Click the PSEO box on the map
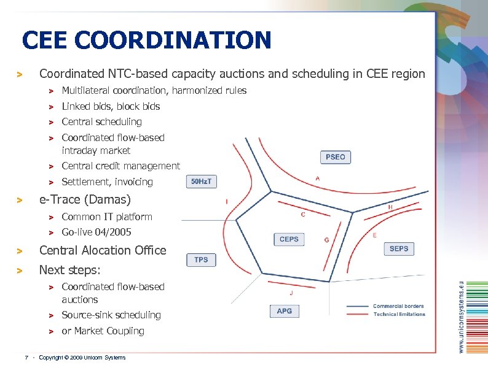click(x=336, y=157)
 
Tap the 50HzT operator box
click(x=201, y=181)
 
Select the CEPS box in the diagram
click(x=289, y=239)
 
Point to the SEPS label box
click(x=399, y=248)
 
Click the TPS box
click(x=201, y=259)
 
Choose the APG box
click(x=285, y=311)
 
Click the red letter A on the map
click(x=317, y=178)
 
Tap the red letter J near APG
click(x=291, y=293)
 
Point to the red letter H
click(x=390, y=207)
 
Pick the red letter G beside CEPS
click(x=326, y=239)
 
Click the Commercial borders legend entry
click(x=398, y=306)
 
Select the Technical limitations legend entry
click(x=399, y=314)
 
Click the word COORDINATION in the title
click(x=176, y=40)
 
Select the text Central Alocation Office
click(x=103, y=250)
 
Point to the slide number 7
click(x=26, y=358)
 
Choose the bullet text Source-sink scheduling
click(x=111, y=315)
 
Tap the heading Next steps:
click(x=70, y=270)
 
